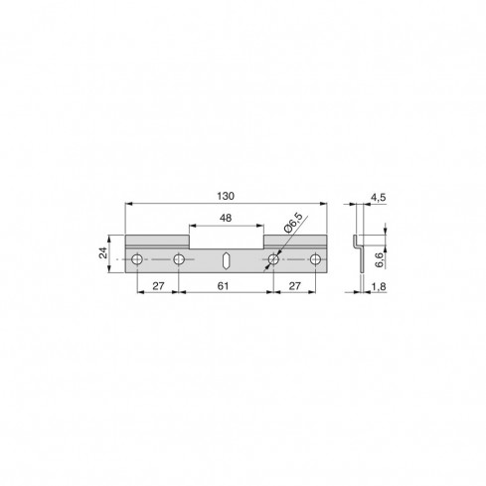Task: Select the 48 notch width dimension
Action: (227, 219)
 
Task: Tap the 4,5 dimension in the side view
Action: (378, 197)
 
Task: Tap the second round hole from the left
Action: (179, 260)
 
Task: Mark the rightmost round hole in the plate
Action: (315, 260)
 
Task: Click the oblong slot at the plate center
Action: (227, 260)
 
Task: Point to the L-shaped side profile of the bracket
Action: (356, 253)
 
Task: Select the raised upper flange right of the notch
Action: (295, 241)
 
